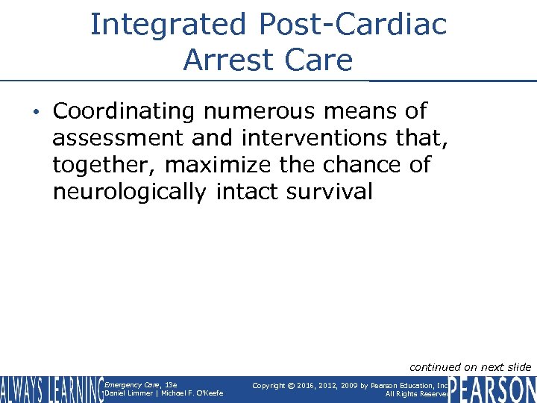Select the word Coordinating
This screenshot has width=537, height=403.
tap(124, 111)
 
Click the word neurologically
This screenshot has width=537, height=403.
tap(129, 192)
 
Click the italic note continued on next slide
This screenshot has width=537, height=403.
tap(470, 366)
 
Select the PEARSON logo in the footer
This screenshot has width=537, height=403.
tap(493, 390)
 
